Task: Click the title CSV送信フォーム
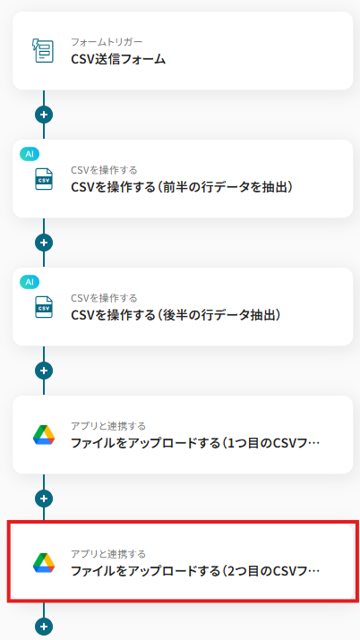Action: pyautogui.click(x=118, y=59)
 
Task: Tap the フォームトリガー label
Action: pyautogui.click(x=107, y=42)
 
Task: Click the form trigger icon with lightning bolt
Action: pyautogui.click(x=44, y=51)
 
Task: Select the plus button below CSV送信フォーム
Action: pyautogui.click(x=44, y=115)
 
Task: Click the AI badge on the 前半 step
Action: pyautogui.click(x=30, y=154)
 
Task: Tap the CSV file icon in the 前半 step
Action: pyautogui.click(x=44, y=179)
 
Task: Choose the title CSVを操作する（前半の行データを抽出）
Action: pyautogui.click(x=182, y=187)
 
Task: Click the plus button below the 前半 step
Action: pyautogui.click(x=44, y=243)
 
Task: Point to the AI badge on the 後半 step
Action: pyautogui.click(x=30, y=282)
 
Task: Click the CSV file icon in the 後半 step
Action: pyautogui.click(x=44, y=307)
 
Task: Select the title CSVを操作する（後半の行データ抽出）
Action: pyautogui.click(x=176, y=315)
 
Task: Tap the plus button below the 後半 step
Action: pyautogui.click(x=44, y=371)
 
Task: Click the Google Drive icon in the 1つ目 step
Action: pyautogui.click(x=44, y=435)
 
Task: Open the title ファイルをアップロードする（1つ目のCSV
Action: pyautogui.click(x=195, y=443)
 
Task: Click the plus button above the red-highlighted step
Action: pyautogui.click(x=44, y=499)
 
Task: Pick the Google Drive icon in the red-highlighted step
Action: pyautogui.click(x=44, y=563)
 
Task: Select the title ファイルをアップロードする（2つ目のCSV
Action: pyautogui.click(x=195, y=571)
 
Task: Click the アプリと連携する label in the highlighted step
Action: pyautogui.click(x=108, y=554)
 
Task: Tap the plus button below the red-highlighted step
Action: pyautogui.click(x=44, y=627)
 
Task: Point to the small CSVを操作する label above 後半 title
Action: pyautogui.click(x=104, y=298)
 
